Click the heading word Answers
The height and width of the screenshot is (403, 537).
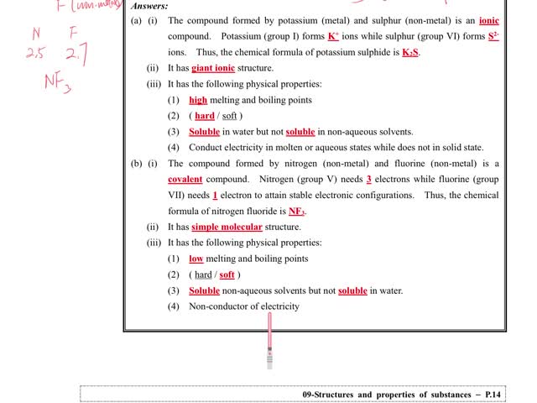149,6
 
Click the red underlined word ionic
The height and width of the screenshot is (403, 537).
489,20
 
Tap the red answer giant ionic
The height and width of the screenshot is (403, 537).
213,68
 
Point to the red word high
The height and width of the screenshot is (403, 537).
198,100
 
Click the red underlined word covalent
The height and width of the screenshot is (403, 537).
185,180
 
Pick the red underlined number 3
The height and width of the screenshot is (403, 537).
369,180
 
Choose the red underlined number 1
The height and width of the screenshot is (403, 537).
215,196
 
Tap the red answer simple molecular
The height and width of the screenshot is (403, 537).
227,227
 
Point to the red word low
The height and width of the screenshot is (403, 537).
196,259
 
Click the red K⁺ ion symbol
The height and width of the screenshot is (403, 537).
333,37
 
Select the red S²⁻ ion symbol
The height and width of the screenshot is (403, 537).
493,37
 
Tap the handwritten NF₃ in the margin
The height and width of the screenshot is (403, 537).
58,82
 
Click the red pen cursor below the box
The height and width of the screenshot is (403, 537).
269,344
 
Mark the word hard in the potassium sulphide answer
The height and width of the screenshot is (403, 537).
205,116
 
